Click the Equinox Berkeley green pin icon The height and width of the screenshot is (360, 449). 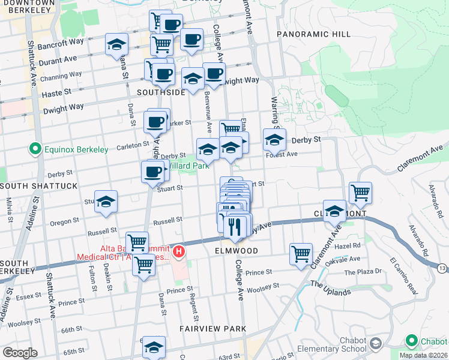click(x=35, y=148)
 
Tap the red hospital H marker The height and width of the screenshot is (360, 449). click(x=178, y=253)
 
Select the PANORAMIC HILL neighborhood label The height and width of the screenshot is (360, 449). click(x=313, y=34)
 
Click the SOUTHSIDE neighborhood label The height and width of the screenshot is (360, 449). click(x=161, y=92)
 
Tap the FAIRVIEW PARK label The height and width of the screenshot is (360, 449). click(x=213, y=329)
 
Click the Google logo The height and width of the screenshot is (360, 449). click(x=20, y=353)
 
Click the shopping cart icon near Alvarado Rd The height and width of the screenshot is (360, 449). click(x=360, y=192)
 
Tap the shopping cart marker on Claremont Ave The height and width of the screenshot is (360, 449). click(x=301, y=253)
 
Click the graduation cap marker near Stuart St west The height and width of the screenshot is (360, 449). click(x=106, y=202)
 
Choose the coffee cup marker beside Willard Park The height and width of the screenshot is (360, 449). click(x=152, y=172)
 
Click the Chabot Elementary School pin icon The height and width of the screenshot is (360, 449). click(x=376, y=344)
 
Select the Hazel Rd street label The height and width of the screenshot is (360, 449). click(x=365, y=246)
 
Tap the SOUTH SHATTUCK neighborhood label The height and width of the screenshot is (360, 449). click(x=39, y=186)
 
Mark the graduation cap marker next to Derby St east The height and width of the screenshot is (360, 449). click(x=274, y=140)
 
